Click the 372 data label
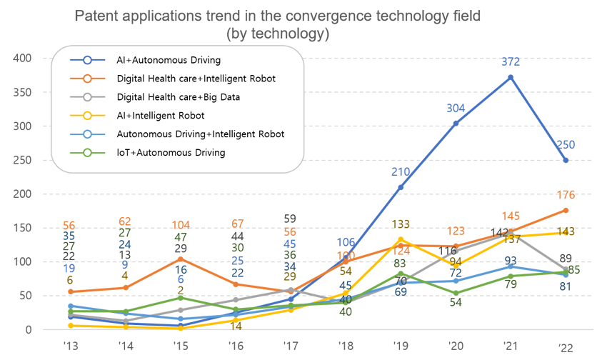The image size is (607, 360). pos(511,64)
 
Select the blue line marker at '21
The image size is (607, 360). pos(511,77)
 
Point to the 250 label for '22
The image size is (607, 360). pos(566,145)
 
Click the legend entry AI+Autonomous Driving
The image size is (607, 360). pos(169,60)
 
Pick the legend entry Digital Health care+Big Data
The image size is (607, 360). pos(178,96)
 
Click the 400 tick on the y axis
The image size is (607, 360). pos(24,58)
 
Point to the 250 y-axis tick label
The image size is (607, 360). pos(24,160)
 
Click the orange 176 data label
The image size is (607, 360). pos(566,195)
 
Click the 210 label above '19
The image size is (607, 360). pos(401,172)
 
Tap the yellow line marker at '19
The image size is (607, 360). pos(401,240)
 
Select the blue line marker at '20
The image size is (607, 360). pos(456,123)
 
